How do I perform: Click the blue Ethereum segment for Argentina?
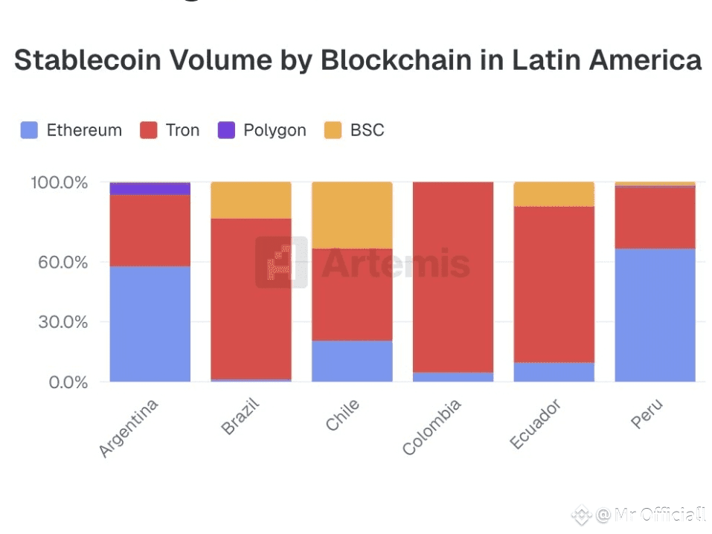[150, 324]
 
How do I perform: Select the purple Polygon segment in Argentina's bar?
[150, 188]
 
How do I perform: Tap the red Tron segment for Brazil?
[251, 297]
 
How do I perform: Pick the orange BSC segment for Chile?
[352, 214]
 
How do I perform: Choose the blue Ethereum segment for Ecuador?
[554, 372]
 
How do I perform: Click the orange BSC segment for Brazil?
[251, 199]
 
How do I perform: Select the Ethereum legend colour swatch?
[29, 130]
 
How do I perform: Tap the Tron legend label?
[182, 130]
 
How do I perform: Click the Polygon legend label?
[275, 130]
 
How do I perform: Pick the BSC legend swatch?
[333, 130]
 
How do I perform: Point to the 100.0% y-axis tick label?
[59, 182]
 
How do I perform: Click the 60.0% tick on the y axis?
[62, 262]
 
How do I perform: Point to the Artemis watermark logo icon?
[281, 262]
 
